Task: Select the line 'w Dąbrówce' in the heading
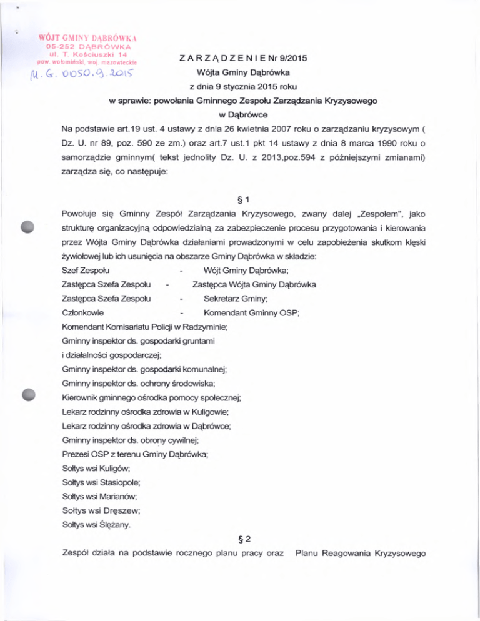(241, 116)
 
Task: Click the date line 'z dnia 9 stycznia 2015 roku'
(241, 87)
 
